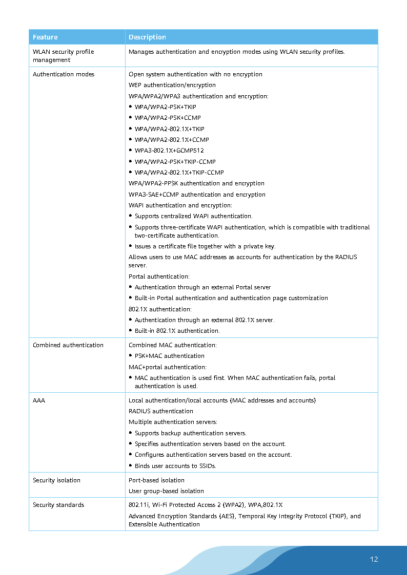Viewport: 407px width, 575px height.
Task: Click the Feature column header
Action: tap(45, 37)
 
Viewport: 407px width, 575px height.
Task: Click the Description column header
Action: tap(147, 37)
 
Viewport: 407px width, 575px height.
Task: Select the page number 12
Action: tap(374, 559)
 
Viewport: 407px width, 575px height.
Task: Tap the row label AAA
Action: tap(39, 400)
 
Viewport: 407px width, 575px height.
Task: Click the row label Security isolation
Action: tap(56, 480)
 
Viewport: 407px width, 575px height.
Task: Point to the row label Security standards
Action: tap(58, 505)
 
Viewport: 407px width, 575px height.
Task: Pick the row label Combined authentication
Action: tap(68, 345)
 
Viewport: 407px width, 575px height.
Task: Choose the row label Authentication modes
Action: tap(64, 74)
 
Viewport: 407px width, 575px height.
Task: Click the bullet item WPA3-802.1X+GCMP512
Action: tap(169, 151)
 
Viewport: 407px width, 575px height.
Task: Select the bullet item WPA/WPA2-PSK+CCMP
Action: tap(168, 118)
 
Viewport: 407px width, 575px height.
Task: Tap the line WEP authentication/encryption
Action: tap(172, 85)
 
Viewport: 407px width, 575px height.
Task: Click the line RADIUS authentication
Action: tap(161, 411)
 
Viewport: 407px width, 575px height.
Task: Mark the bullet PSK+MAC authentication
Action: tap(169, 356)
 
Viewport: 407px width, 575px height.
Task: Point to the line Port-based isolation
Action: tap(156, 480)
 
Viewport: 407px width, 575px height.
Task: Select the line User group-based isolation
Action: tap(166, 491)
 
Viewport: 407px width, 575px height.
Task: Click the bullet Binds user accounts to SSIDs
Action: tap(175, 466)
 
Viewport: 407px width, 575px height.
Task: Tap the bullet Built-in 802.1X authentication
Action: tap(177, 331)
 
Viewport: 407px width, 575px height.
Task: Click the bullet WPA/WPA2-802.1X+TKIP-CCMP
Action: tap(179, 173)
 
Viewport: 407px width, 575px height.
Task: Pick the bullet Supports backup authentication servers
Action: tap(190, 433)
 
